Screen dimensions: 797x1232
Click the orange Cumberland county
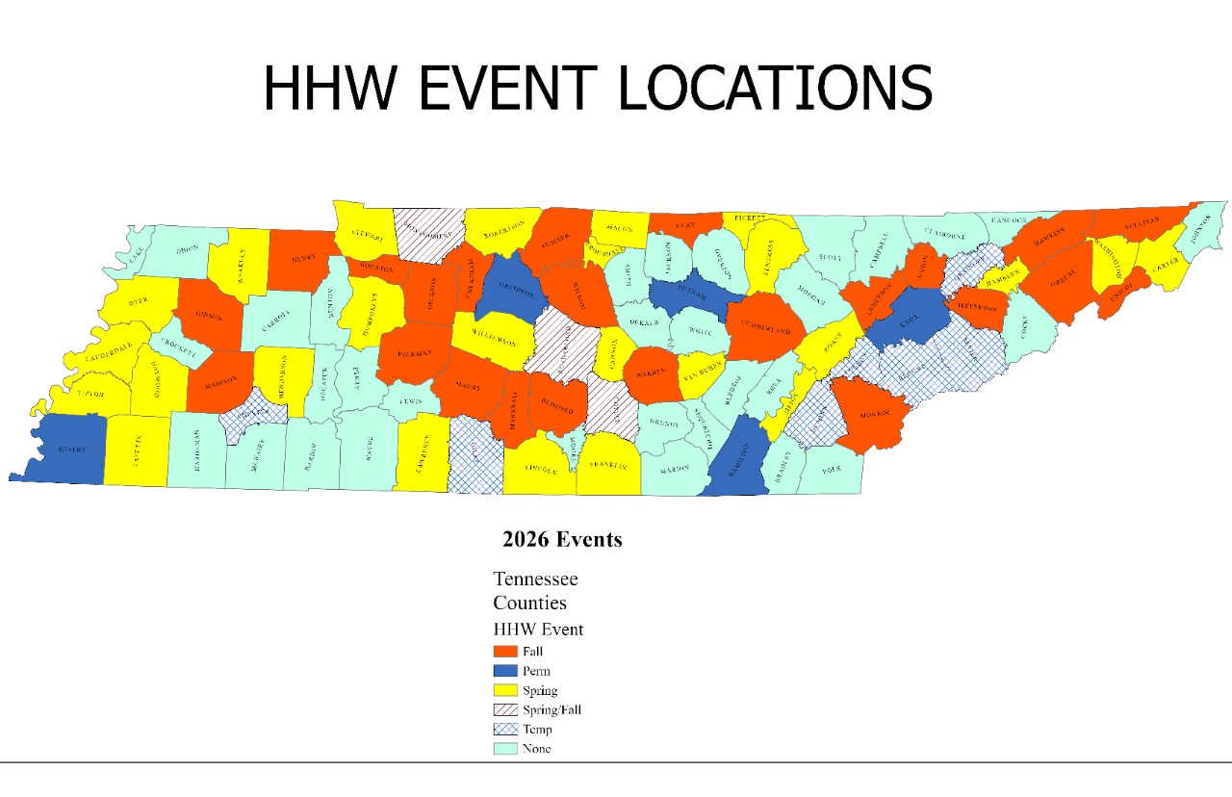765,330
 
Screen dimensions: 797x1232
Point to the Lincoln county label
540,471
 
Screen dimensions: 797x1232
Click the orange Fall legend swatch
504,652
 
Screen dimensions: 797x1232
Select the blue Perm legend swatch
504,671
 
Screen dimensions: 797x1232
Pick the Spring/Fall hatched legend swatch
504,709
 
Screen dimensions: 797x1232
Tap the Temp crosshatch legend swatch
504,729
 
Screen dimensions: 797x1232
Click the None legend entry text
537,748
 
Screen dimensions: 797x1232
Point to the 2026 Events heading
562,539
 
